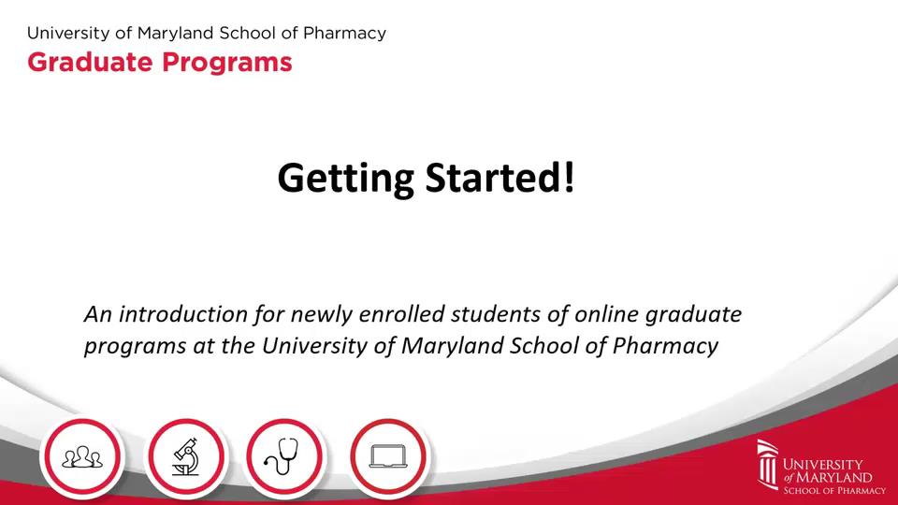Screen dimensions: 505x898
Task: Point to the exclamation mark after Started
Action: tap(569, 177)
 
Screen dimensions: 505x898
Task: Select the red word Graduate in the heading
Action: tap(86, 64)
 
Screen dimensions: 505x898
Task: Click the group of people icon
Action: tap(81, 458)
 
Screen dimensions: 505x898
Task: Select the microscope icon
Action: tap(183, 458)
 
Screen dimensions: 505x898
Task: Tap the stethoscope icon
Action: tap(284, 458)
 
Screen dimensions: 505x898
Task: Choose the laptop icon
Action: tap(386, 456)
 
